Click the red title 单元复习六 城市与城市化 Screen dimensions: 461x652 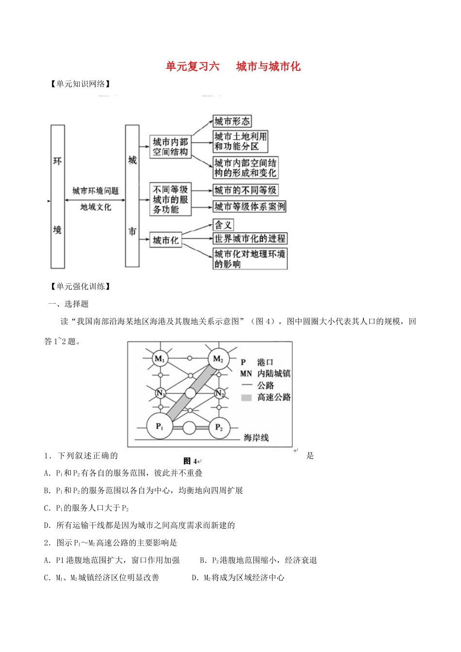click(233, 66)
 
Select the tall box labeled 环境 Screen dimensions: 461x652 click(58, 196)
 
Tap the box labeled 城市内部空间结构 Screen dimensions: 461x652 click(170, 147)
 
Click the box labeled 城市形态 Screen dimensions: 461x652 click(232, 121)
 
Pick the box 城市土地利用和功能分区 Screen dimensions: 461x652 click(241, 142)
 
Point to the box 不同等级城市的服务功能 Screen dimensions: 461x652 click(170, 199)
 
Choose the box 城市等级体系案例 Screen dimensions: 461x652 click(250, 207)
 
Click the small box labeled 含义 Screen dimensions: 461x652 click(224, 225)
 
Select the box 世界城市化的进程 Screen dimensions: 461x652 click(250, 239)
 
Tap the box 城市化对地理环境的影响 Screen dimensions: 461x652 click(250, 259)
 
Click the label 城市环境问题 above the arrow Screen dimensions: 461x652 click(96, 191)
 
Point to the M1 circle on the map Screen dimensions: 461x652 click(160, 359)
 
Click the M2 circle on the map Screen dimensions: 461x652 click(218, 359)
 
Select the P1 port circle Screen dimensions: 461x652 click(160, 426)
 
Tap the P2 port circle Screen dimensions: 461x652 click(219, 427)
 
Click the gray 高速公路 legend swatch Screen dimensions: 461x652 click(247, 398)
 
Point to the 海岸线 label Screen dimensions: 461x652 click(256, 438)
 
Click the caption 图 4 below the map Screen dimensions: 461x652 click(191, 461)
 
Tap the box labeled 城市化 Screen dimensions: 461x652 click(166, 240)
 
